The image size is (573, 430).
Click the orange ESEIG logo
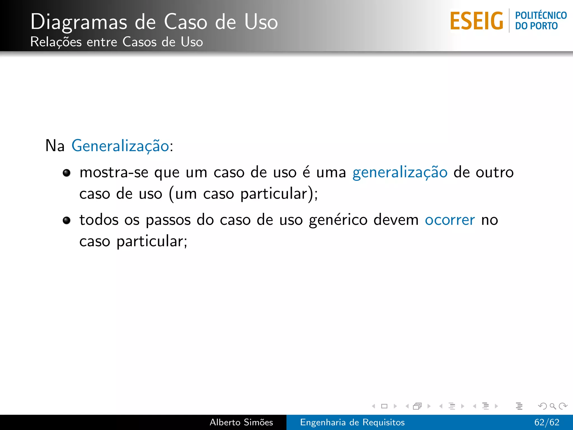(x=476, y=21)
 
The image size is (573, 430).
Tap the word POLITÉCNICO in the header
(x=541, y=15)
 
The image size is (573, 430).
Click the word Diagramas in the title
(x=79, y=22)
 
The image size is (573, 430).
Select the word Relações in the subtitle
(x=56, y=42)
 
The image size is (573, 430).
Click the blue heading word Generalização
(x=120, y=146)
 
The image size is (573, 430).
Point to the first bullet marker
(x=67, y=173)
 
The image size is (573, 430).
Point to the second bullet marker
(x=67, y=221)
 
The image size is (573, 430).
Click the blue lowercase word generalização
(x=400, y=172)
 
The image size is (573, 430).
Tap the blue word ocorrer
(x=450, y=220)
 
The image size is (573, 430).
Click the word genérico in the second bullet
(x=338, y=220)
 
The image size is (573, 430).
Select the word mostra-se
(x=114, y=172)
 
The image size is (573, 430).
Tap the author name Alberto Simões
(x=241, y=422)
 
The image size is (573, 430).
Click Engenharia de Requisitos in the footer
(x=352, y=422)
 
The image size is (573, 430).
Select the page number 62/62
(x=547, y=422)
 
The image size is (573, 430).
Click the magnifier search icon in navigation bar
(x=553, y=406)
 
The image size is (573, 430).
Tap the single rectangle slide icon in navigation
(x=384, y=406)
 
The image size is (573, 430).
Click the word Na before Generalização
(x=55, y=146)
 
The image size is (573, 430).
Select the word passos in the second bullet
(x=168, y=220)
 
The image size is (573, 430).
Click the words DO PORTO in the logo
(x=536, y=26)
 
